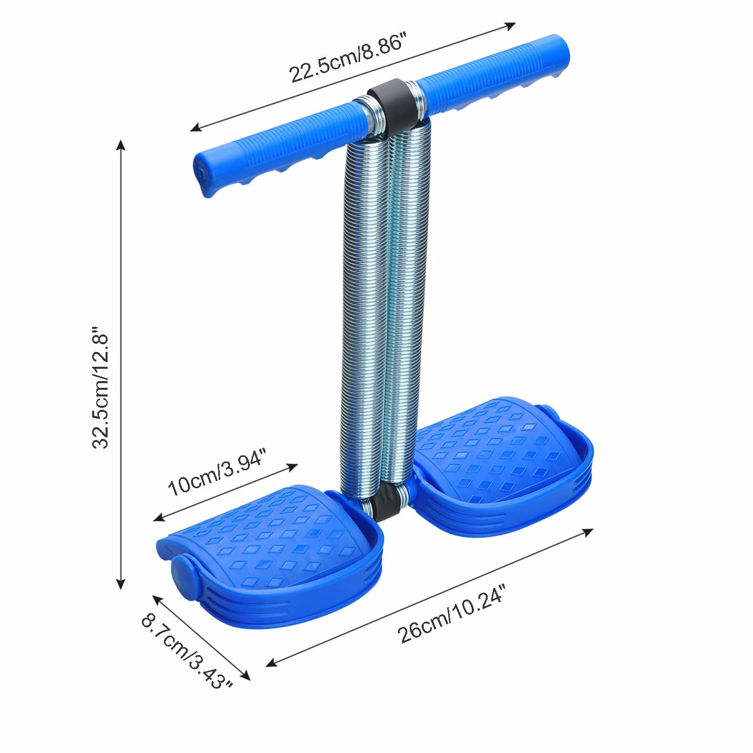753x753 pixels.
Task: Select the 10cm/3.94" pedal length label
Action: click(x=217, y=472)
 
